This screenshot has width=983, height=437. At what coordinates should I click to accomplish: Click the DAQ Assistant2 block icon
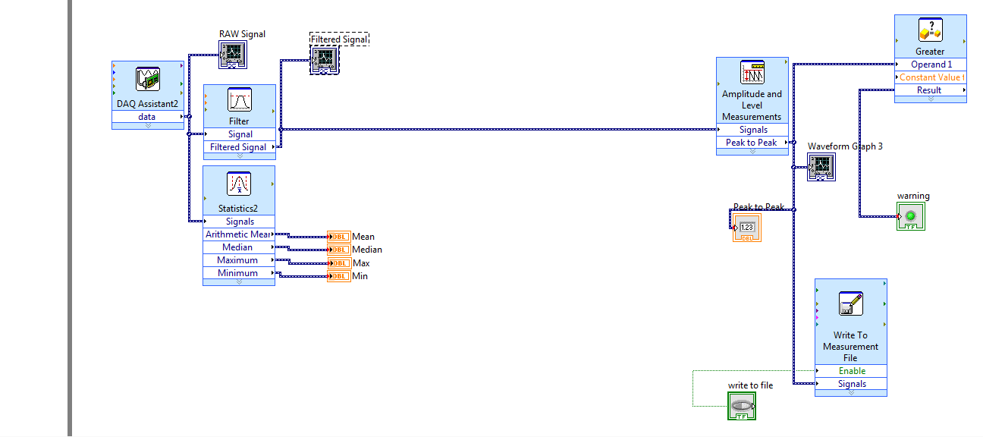point(148,79)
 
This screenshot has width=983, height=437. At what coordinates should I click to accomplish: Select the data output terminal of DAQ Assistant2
point(148,117)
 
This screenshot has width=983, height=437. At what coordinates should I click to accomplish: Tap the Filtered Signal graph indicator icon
point(324,60)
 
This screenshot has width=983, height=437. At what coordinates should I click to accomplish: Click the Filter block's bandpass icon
point(240,101)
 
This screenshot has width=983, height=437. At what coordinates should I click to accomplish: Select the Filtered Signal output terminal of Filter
point(239,147)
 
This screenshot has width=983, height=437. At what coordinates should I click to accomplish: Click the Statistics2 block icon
point(239,184)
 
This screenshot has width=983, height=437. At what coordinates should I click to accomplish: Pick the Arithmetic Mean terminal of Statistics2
point(239,234)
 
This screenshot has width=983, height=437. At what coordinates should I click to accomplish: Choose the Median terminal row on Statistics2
point(239,247)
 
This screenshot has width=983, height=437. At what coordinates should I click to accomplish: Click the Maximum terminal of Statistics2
point(239,260)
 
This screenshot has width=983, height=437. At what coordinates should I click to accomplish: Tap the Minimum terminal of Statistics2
point(239,273)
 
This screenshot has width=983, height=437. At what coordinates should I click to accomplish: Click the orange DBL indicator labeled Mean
point(339,237)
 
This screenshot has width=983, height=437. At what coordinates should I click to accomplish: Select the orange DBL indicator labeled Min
point(339,276)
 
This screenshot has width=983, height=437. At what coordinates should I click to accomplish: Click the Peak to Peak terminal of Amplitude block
point(752,143)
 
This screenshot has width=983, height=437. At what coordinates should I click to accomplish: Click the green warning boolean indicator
point(911,216)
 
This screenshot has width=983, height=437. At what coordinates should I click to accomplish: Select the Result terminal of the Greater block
point(930,90)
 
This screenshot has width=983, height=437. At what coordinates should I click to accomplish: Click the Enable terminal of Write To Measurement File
point(851,371)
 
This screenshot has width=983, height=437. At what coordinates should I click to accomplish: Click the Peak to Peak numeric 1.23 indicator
point(747,228)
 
